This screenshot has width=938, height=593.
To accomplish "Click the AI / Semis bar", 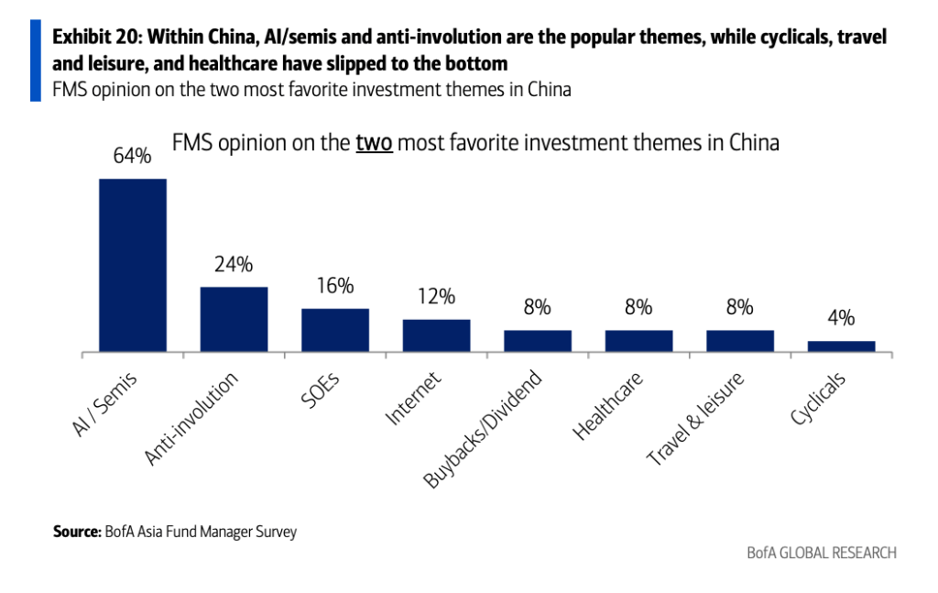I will click(x=133, y=264).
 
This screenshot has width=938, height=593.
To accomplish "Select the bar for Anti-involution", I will click(x=234, y=319).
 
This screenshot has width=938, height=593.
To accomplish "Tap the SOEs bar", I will click(x=335, y=330).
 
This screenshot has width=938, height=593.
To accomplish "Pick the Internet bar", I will click(x=436, y=335).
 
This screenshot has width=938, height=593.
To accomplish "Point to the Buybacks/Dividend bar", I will click(x=538, y=341).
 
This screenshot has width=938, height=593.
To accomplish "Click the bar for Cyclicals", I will click(x=841, y=346).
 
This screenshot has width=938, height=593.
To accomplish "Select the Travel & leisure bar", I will click(x=740, y=341).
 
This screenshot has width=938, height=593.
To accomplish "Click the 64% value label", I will click(x=132, y=156).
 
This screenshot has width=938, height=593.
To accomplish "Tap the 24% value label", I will click(x=234, y=265).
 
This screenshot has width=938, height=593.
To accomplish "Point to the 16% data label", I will click(x=335, y=286).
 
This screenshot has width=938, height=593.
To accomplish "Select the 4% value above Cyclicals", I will click(x=841, y=318).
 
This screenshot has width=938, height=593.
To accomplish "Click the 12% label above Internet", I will click(x=436, y=297).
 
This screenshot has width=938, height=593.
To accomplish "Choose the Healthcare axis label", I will click(x=607, y=405).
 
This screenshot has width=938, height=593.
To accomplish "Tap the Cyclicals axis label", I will click(x=818, y=399).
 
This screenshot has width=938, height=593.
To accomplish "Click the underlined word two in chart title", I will click(x=374, y=144).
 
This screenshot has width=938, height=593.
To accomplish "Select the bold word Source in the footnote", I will click(x=74, y=532).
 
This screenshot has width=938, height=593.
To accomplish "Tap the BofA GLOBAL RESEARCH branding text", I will click(x=821, y=553).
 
